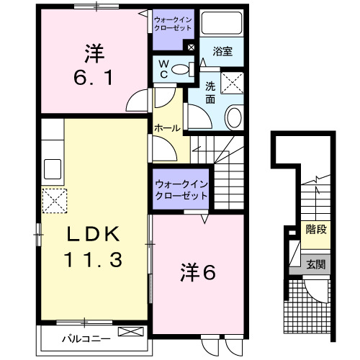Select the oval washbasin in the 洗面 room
pyautogui.click(x=234, y=116)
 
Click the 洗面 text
pyautogui.click(x=210, y=92)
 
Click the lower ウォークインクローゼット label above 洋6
pyautogui.click(x=181, y=189)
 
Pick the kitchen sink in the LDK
pyautogui.click(x=53, y=169)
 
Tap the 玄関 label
pyautogui.click(x=315, y=264)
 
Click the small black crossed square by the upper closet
pyautogui.click(x=190, y=48)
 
